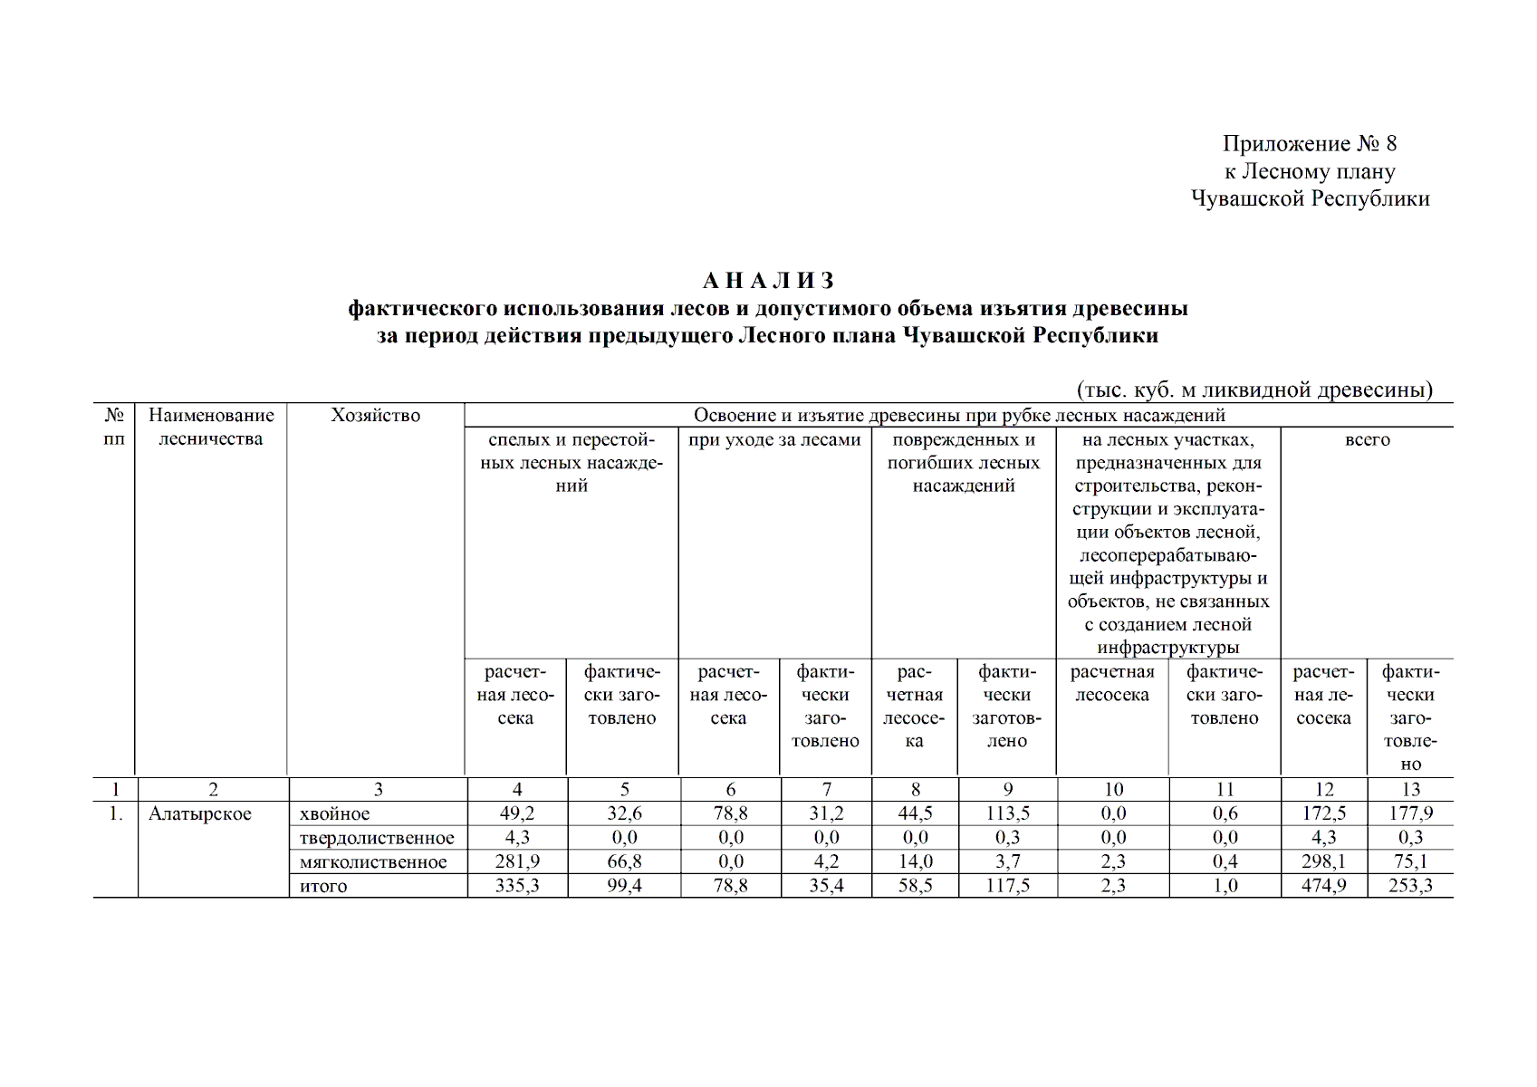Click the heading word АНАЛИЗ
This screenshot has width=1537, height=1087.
[x=768, y=281]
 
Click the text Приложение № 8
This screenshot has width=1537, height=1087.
[x=1309, y=144]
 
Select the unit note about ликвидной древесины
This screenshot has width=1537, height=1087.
[x=1254, y=390]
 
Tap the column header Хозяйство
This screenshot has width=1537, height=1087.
[x=375, y=416]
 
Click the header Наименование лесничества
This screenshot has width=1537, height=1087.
[x=211, y=427]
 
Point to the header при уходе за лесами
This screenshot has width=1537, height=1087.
[x=774, y=440]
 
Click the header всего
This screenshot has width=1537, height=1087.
[x=1367, y=440]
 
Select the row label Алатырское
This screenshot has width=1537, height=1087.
[x=200, y=813]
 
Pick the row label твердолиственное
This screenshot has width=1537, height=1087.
[x=377, y=838]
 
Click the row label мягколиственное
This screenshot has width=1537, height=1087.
[x=373, y=862]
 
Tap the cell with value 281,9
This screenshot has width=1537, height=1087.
[x=516, y=861]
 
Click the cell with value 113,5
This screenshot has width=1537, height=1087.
[x=1007, y=813]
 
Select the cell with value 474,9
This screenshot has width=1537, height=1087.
[x=1323, y=886]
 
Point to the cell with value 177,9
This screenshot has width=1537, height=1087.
[x=1410, y=813]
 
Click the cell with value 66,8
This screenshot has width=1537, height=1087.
[x=624, y=861]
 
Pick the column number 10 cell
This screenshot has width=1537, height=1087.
[x=1113, y=790]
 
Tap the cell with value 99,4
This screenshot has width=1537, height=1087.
[x=624, y=886]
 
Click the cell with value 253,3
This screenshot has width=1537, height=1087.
[x=1410, y=886]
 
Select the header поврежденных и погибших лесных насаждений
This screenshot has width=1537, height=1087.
[x=964, y=463]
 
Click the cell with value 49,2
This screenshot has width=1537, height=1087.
[x=516, y=813]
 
